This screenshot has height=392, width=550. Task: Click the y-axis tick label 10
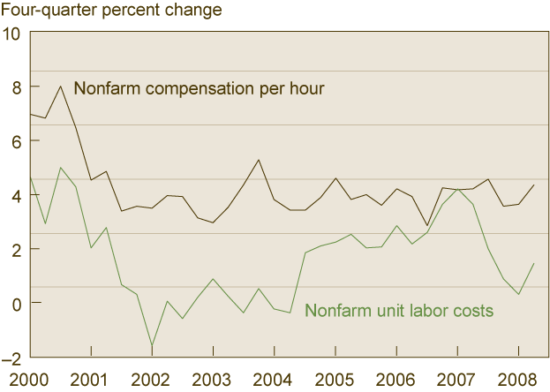pyautogui.click(x=11, y=34)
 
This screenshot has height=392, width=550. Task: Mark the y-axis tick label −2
pyautogui.click(x=11, y=357)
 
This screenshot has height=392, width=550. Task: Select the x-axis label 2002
pyautogui.click(x=153, y=380)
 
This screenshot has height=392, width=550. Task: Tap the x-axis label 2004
pyautogui.click(x=275, y=380)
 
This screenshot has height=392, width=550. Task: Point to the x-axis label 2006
pyautogui.click(x=396, y=380)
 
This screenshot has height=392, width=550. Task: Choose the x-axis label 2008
pyautogui.click(x=517, y=380)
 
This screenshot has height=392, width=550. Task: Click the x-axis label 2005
pyautogui.click(x=335, y=380)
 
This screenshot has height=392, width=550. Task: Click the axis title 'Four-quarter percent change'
pyautogui.click(x=110, y=11)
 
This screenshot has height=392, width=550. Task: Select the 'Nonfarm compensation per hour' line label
pyautogui.click(x=200, y=88)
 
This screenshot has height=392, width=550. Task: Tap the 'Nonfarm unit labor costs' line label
pyautogui.click(x=398, y=311)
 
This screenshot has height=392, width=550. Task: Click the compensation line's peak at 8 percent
pyautogui.click(x=60, y=87)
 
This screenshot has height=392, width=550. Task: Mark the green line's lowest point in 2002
pyautogui.click(x=152, y=346)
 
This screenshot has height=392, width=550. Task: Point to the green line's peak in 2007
pyautogui.click(x=457, y=190)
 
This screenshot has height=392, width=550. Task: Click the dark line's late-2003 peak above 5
pyautogui.click(x=258, y=160)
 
